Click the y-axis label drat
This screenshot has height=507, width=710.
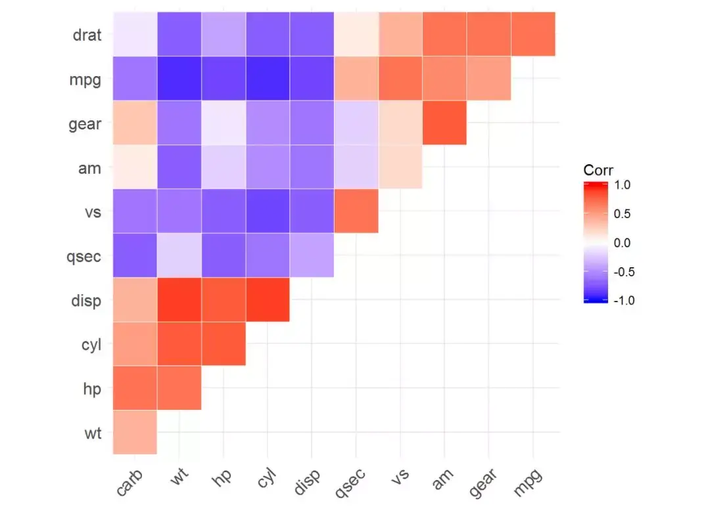[x=87, y=35]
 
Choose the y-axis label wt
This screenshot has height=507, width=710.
[x=92, y=433]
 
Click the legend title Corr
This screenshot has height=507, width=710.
[x=598, y=170]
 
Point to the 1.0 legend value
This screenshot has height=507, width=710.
[x=622, y=186]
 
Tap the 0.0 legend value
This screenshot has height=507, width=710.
[x=622, y=243]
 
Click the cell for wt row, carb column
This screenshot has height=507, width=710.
[x=135, y=432]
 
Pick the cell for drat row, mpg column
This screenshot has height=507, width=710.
[x=533, y=34]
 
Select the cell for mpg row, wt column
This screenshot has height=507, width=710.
[x=179, y=78]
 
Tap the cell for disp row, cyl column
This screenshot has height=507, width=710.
[x=268, y=299]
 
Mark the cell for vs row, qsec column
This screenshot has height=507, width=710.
[x=356, y=211]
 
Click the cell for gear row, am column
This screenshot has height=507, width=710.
[x=444, y=123]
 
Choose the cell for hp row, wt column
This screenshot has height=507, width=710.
[x=179, y=388]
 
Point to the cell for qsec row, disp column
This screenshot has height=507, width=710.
[x=312, y=255]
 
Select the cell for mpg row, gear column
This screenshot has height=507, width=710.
[x=488, y=78]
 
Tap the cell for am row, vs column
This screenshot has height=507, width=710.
[x=400, y=167]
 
